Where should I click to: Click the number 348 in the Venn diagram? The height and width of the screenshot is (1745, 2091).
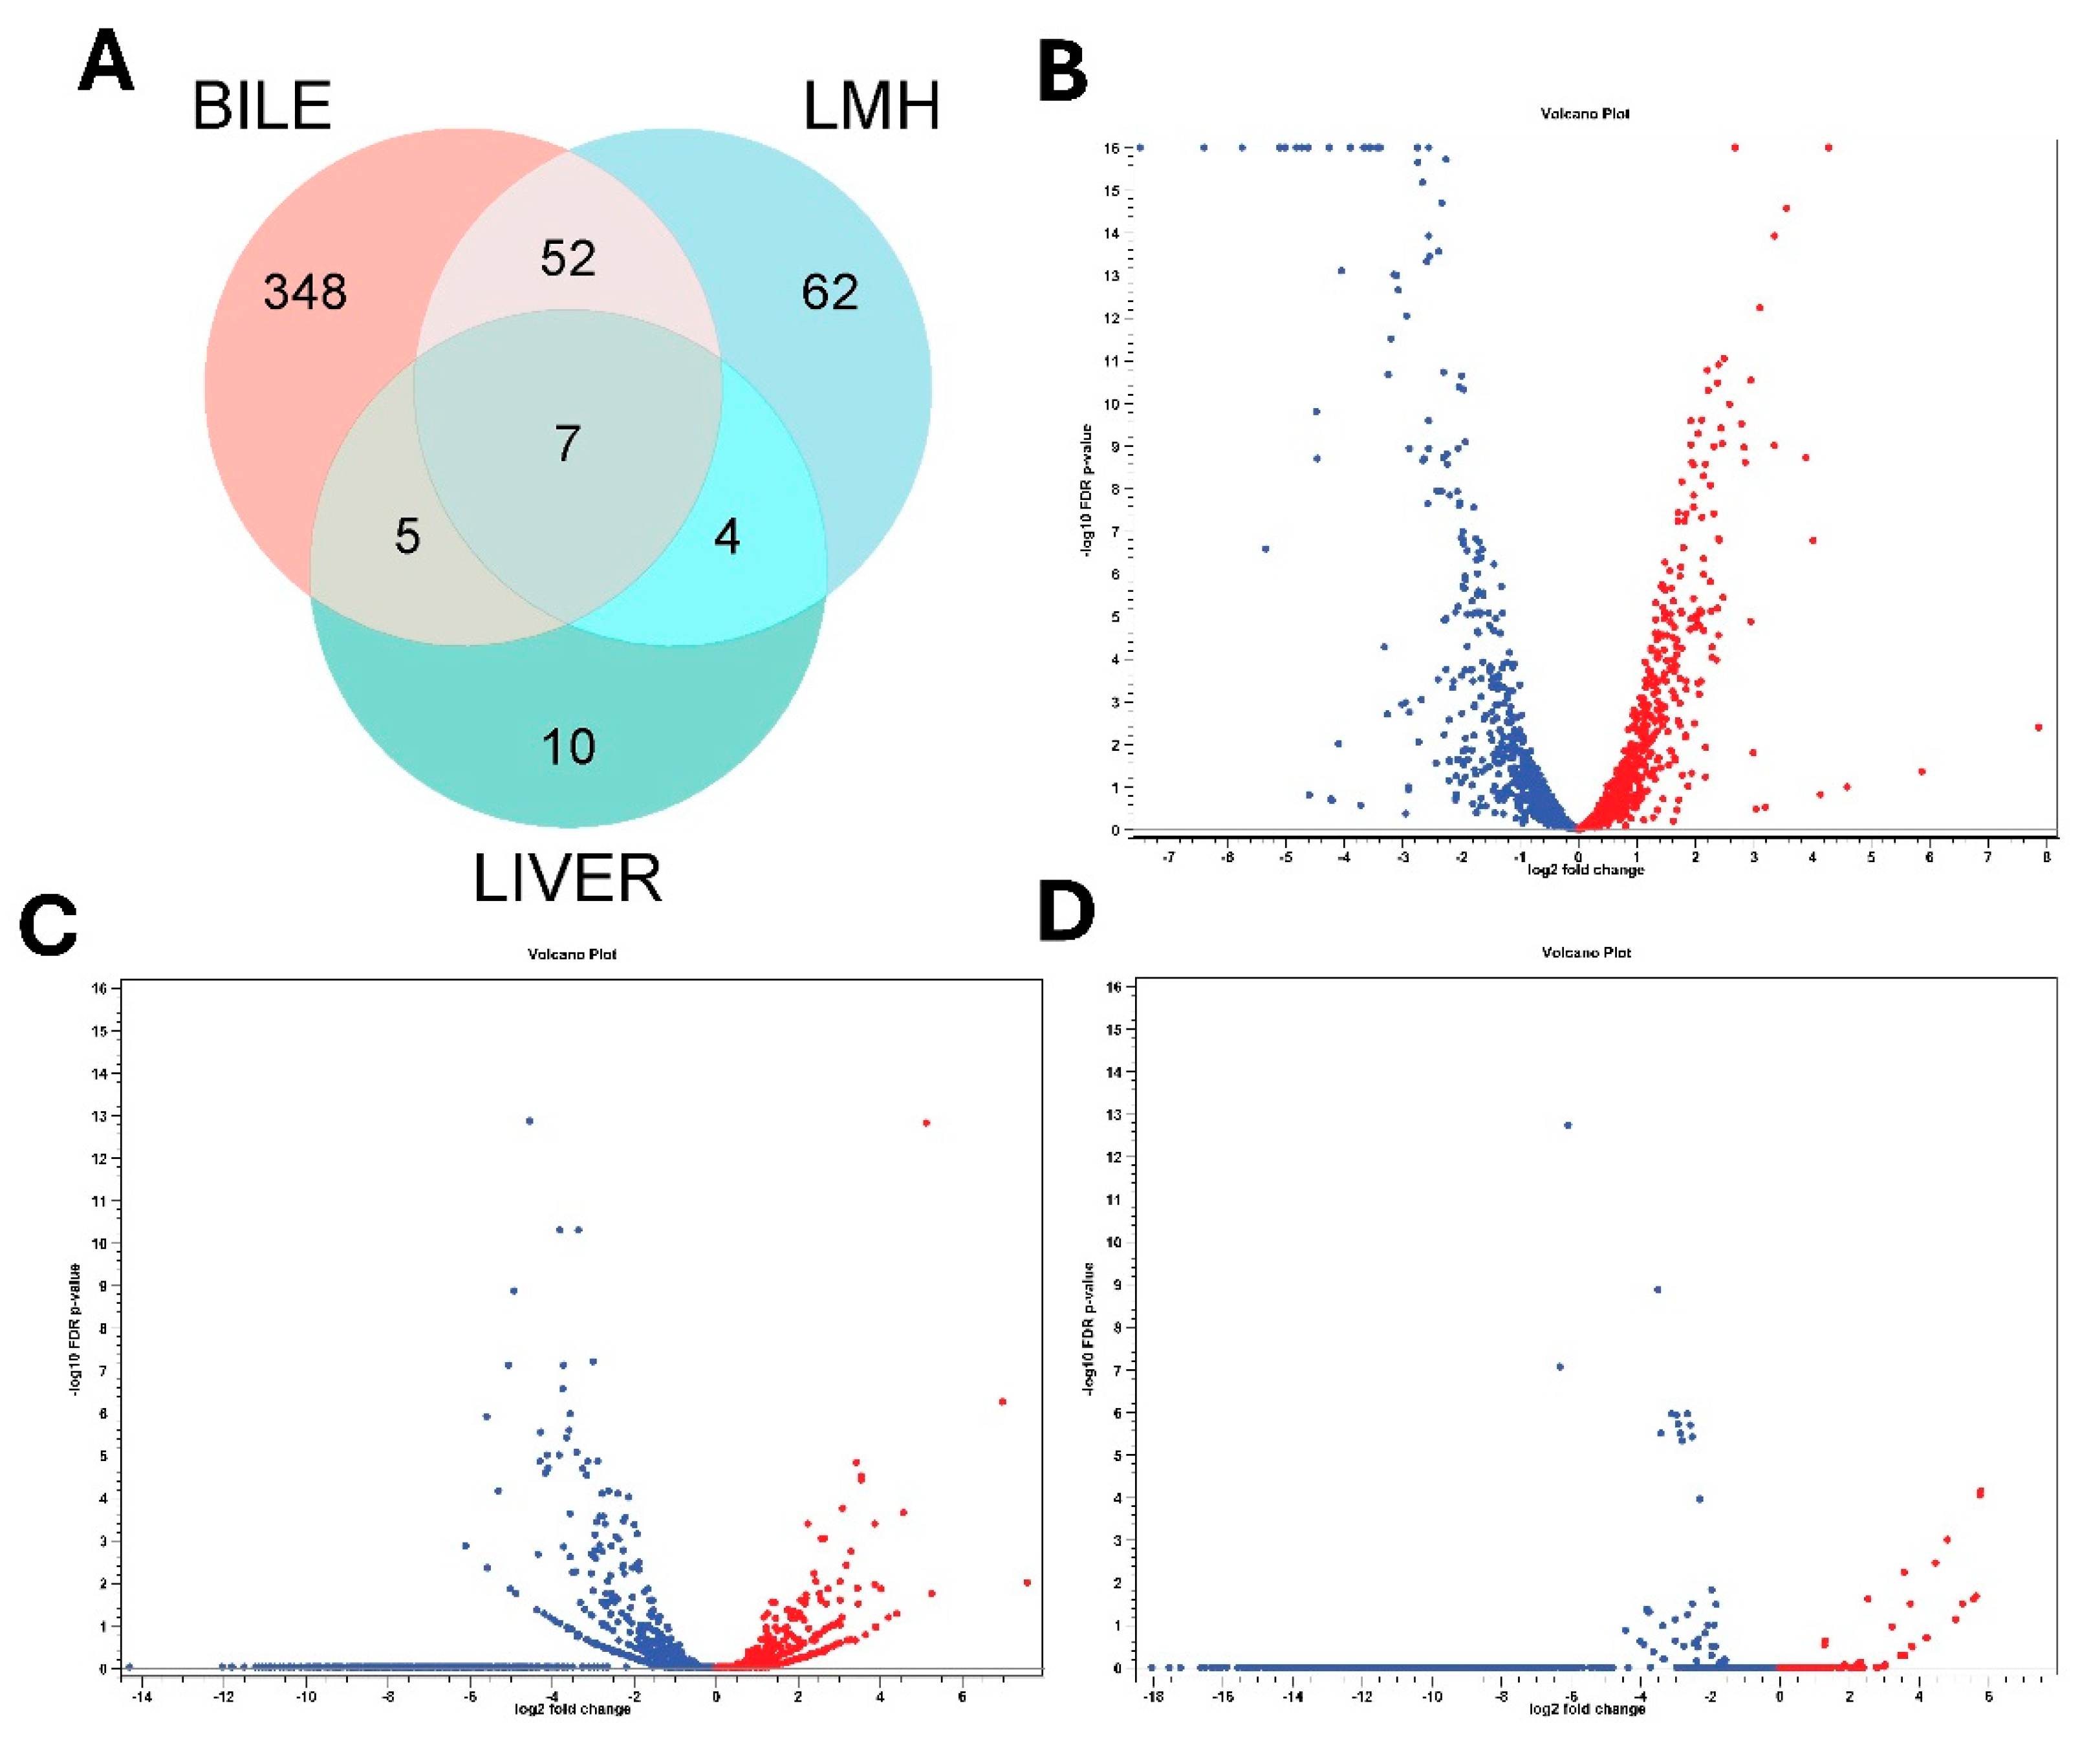pos(305,292)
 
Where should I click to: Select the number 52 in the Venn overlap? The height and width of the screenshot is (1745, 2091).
pos(568,258)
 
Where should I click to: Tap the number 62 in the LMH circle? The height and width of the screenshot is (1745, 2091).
pos(829,292)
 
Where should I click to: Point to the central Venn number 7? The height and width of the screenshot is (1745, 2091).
pos(568,443)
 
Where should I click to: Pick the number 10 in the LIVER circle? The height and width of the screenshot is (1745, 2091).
pos(568,746)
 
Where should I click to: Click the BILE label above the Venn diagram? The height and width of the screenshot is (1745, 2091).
pos(261,107)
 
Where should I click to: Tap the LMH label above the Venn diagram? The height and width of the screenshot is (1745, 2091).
pos(871,107)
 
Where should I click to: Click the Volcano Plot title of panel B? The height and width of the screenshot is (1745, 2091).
pos(1585,114)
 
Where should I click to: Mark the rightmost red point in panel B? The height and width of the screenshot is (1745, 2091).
pos(2038,727)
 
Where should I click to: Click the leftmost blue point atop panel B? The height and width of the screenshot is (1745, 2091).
pos(1140,147)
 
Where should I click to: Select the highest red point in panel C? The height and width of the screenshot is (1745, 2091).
pos(926,1123)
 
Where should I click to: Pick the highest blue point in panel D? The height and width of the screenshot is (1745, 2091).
pos(1568,1125)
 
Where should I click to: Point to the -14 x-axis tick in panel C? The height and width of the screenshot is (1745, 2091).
pos(142,1696)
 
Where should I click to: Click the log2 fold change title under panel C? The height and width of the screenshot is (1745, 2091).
pos(572,1709)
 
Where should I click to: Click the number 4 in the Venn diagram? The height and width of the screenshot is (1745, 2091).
pos(727,537)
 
